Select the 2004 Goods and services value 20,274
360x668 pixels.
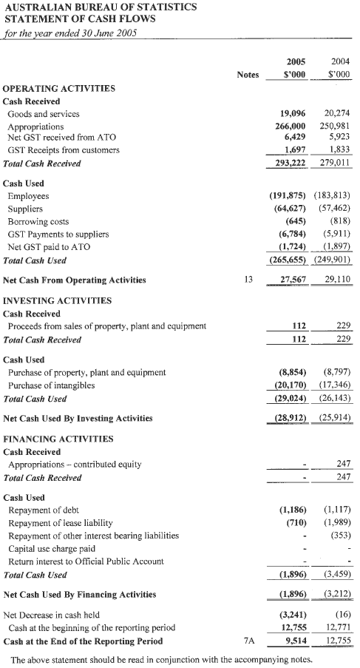pyautogui.click(x=336, y=114)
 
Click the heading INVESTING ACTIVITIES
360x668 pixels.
pyautogui.click(x=58, y=301)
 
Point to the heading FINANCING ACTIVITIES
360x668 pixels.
pyautogui.click(x=58, y=438)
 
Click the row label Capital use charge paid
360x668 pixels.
pyautogui.click(x=54, y=548)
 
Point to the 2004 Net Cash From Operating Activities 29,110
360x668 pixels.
pyautogui.click(x=336, y=280)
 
